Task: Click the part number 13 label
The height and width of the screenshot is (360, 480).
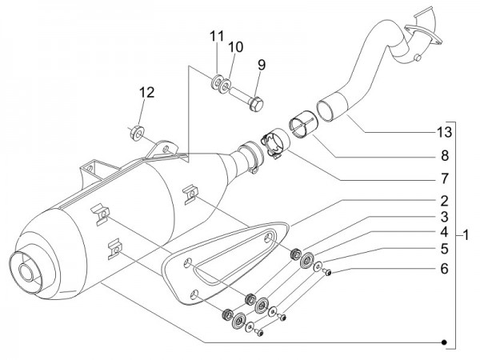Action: [x=444, y=132]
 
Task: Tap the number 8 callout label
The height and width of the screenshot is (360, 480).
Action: [x=445, y=156]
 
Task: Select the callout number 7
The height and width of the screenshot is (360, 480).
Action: [x=445, y=178]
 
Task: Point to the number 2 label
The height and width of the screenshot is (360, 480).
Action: [x=445, y=201]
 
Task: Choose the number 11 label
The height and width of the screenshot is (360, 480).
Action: [x=217, y=36]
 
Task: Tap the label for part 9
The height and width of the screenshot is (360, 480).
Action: [x=262, y=65]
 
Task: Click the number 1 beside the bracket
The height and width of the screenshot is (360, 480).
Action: [x=466, y=236]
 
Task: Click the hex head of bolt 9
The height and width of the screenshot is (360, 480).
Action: [x=256, y=104]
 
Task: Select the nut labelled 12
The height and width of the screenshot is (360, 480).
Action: [x=136, y=132]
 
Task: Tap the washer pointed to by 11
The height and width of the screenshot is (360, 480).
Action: [x=217, y=82]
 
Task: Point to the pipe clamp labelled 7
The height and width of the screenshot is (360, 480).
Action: [x=276, y=143]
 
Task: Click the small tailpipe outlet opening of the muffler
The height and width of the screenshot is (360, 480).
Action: [x=26, y=272]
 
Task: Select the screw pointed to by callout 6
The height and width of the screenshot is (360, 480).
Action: [x=328, y=272]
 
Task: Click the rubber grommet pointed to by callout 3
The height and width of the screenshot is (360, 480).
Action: [x=295, y=254]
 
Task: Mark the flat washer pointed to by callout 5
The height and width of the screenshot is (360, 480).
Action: [x=318, y=266]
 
